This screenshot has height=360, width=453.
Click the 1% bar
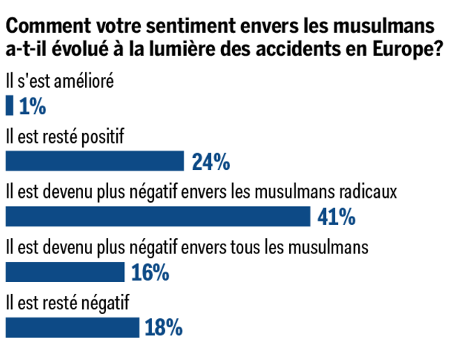[9, 106]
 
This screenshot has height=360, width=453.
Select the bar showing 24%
[94, 162]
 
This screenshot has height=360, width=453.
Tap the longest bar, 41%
[158, 217]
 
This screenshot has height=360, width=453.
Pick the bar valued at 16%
[64, 272]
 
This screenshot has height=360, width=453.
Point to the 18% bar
[72, 327]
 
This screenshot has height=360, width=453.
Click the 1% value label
[32, 107]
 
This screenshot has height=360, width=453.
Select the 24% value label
[210, 162]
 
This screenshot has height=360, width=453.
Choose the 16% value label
[150, 273]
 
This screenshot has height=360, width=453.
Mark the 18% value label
[164, 328]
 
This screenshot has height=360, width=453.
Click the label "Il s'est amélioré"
[59, 81]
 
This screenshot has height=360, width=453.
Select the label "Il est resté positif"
[64, 136]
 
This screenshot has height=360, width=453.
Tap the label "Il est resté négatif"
[67, 302]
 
